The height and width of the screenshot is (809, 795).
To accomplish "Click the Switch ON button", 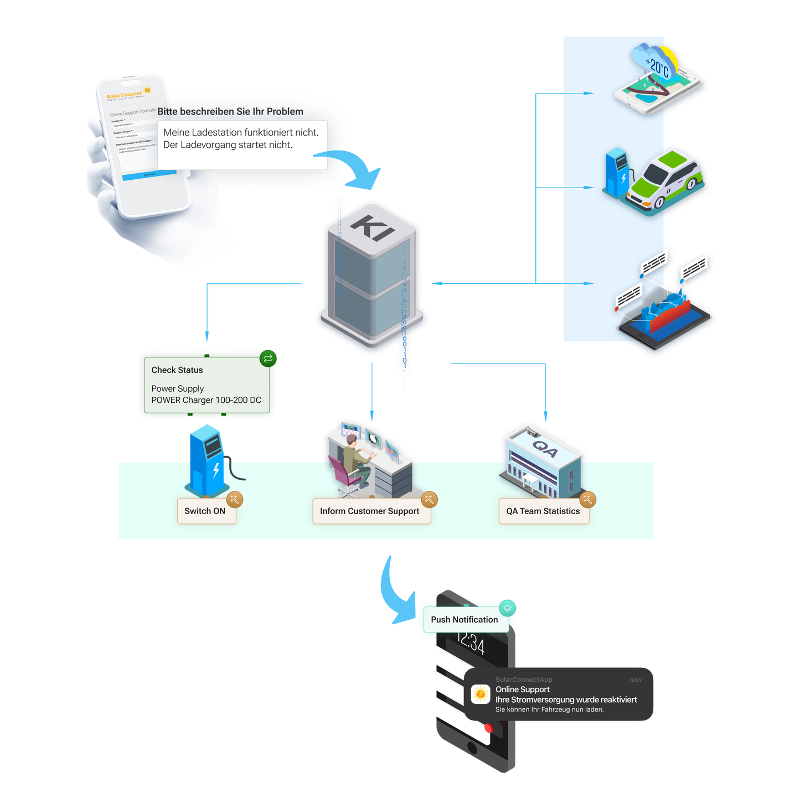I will pos(205,511).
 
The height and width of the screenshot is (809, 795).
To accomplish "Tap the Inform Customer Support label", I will pos(369,511).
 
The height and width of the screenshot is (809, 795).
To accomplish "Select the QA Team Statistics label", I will pos(543,511).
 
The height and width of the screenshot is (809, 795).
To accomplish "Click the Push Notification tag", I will pos(464,620).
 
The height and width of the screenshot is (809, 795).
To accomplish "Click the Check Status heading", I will pos(177,370).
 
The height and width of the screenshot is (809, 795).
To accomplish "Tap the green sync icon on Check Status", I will pos(268,359).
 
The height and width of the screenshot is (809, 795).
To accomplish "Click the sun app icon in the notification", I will pos(481,694).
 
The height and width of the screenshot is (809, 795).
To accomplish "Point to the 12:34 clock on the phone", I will pos(471,644).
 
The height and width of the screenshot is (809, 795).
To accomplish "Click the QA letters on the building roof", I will pos(545,448).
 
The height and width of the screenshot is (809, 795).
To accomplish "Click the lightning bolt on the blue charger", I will pos(216,470).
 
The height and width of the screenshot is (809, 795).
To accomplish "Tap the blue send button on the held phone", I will pos(149,174).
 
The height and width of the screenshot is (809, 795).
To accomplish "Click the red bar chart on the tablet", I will pos(670,315).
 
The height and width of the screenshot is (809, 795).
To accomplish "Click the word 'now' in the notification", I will pos(635,680).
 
